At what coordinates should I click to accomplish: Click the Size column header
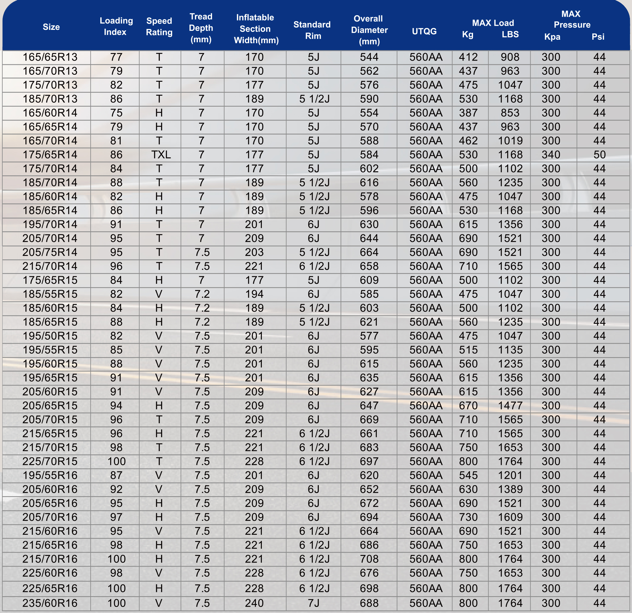(51, 27)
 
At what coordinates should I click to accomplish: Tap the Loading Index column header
(116, 26)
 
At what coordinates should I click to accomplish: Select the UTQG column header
(424, 31)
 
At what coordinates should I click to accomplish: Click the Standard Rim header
(312, 30)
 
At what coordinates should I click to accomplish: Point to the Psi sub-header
(598, 37)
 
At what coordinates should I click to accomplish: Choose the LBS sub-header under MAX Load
(510, 34)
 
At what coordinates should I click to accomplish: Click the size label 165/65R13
(50, 57)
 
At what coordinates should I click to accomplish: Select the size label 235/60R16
(50, 603)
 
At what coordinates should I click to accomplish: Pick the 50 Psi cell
(600, 155)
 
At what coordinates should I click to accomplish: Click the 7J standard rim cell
(313, 603)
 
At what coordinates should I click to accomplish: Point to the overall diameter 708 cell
(369, 559)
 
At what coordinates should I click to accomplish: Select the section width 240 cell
(254, 603)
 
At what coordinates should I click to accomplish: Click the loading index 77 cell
(116, 57)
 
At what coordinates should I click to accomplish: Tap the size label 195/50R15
(50, 336)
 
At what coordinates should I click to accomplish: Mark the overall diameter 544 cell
(369, 57)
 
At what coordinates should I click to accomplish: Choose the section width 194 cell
(254, 294)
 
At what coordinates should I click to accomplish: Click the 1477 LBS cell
(510, 405)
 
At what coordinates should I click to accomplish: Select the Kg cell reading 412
(468, 57)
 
